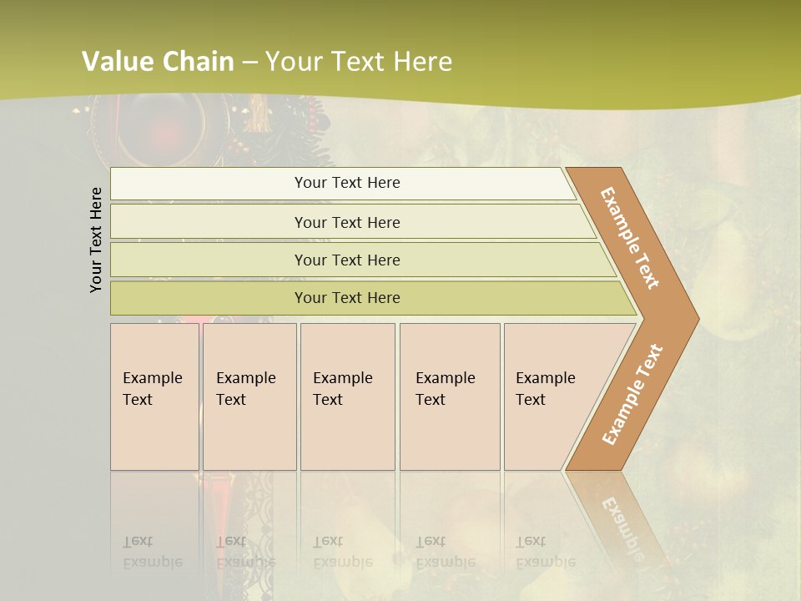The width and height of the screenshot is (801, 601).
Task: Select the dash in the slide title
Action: [250, 63]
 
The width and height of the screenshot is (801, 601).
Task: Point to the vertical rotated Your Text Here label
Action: [96, 240]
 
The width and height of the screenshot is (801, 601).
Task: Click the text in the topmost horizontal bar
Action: [347, 183]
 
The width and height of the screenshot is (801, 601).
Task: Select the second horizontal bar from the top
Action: [347, 222]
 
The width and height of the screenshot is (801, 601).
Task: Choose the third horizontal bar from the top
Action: [347, 260]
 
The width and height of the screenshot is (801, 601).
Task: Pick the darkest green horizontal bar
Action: [347, 298]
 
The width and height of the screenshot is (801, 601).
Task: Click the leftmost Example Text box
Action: [154, 396]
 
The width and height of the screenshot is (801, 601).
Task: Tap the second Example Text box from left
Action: [249, 396]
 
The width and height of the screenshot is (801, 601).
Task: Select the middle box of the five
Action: [347, 396]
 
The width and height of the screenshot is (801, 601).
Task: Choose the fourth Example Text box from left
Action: [450, 396]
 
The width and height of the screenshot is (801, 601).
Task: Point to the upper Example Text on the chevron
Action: [630, 239]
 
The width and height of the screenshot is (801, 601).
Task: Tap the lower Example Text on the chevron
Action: [632, 395]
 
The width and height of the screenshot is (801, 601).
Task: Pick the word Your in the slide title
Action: [291, 62]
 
